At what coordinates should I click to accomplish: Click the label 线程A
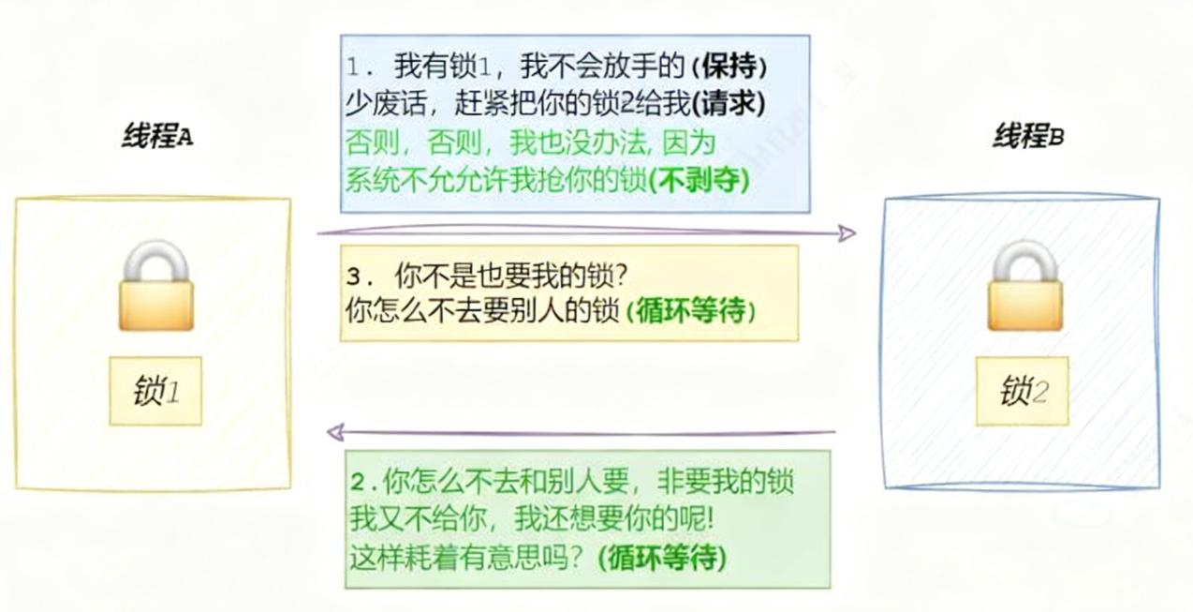click(x=156, y=137)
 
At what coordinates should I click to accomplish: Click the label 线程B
click(x=1028, y=137)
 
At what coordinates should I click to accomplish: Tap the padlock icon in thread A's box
click(x=155, y=286)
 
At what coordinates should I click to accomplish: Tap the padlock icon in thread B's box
click(x=1025, y=286)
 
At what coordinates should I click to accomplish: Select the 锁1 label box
click(x=155, y=391)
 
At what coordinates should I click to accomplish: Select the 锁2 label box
click(x=1023, y=392)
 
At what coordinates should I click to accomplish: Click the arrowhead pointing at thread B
click(x=847, y=233)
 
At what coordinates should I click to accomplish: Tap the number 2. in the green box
click(x=361, y=483)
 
